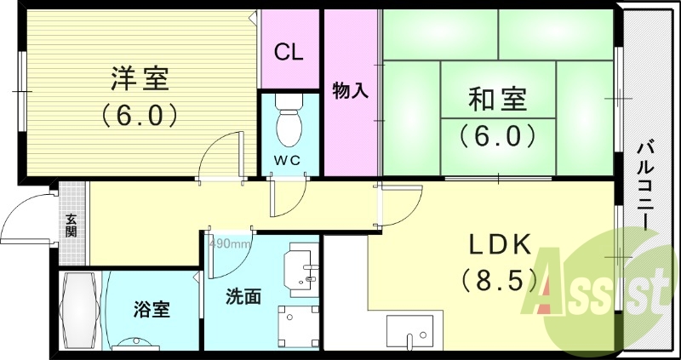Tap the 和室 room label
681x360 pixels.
coord(497,100)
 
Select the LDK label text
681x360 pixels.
coord(500,245)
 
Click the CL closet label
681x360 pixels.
coord(289,51)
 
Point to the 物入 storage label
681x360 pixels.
coord(349,90)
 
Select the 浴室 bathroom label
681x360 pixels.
coord(152,308)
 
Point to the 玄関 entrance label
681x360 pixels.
coord(72,225)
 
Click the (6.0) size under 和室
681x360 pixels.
coord(497,134)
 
